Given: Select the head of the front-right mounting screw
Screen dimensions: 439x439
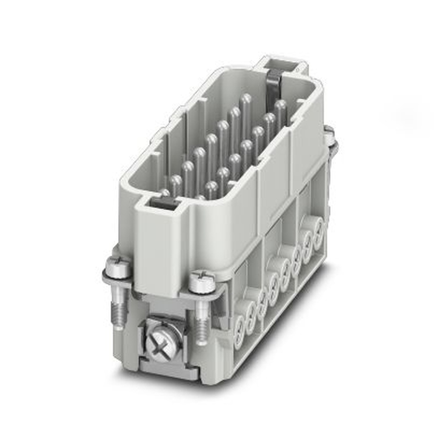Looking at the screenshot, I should tap(203, 281).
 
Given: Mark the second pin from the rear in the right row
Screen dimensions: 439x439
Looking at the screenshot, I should tap(269, 121).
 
